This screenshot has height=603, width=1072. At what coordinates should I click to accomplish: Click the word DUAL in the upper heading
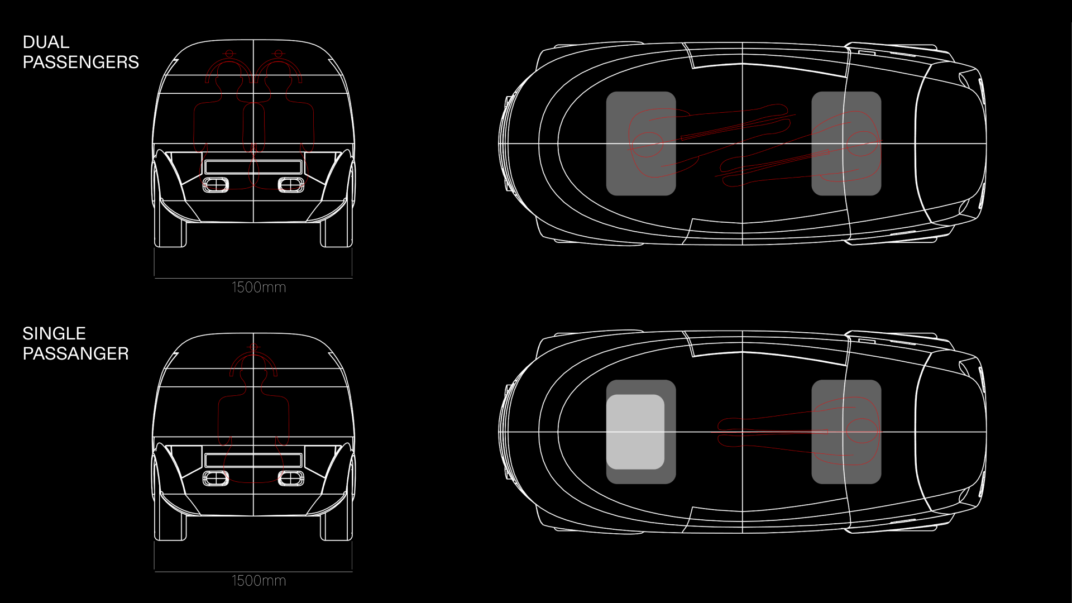46,42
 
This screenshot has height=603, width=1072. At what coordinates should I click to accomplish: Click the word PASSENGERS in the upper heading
80,62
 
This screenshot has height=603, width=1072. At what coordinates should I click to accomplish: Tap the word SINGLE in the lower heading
54,334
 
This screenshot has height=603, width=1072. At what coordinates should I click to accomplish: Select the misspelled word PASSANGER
75,353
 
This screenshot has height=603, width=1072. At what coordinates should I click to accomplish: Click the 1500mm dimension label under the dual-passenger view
259,288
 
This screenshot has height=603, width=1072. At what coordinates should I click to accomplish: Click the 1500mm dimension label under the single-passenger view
259,581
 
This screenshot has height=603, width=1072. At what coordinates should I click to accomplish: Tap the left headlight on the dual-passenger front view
215,185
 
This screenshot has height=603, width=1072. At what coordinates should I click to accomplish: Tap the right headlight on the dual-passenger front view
291,185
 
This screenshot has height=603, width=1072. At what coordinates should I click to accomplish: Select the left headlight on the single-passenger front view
215,478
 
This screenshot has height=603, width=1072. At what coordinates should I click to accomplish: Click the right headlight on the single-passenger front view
291,478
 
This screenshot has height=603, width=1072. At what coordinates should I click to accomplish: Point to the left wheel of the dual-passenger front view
170,232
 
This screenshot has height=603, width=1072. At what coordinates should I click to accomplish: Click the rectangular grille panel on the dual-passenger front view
253,166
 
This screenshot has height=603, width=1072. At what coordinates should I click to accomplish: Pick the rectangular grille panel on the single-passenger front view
253,460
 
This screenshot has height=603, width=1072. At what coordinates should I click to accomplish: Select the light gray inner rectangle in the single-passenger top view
635,432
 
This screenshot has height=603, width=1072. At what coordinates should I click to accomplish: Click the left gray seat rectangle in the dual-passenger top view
640,143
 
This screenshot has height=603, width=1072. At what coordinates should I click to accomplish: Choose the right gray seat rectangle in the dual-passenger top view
846,143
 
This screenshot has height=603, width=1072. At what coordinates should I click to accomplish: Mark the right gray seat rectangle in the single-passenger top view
846,432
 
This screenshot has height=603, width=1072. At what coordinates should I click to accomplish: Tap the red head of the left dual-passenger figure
229,54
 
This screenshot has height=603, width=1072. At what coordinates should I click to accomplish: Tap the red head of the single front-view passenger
253,347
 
